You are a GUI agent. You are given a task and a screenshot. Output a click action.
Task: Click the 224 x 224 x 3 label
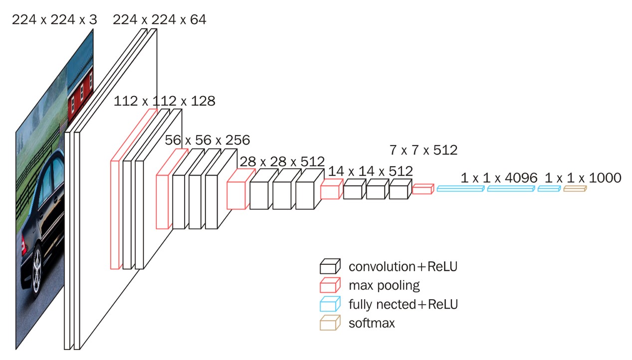point(54,19)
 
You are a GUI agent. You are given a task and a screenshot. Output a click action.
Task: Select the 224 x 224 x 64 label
point(159,19)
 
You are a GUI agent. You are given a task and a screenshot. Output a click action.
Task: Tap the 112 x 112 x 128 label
point(165,101)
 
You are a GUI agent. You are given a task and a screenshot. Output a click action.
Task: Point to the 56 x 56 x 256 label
point(207,140)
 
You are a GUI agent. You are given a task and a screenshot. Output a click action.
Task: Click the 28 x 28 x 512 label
point(282,162)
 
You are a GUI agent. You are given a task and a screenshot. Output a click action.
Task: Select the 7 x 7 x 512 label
point(423,150)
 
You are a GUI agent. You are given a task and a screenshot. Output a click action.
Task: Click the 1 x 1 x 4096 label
point(499,178)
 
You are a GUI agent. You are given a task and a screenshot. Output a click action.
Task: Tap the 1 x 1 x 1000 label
point(583,178)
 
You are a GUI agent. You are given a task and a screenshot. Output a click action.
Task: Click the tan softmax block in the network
point(575,188)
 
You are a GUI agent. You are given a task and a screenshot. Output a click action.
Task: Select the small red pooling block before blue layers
point(422,188)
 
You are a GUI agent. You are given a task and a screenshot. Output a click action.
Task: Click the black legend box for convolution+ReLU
point(330,267)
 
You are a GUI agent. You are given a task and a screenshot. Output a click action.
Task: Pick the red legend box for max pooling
point(330,285)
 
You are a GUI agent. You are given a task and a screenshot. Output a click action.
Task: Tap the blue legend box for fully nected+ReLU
point(330,304)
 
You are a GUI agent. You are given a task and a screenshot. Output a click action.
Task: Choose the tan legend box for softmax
point(330,323)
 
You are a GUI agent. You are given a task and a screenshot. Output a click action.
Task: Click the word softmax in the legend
point(372,323)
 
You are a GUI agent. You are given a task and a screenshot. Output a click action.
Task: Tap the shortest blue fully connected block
point(549,188)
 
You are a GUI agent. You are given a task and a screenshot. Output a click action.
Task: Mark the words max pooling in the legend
point(384,286)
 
